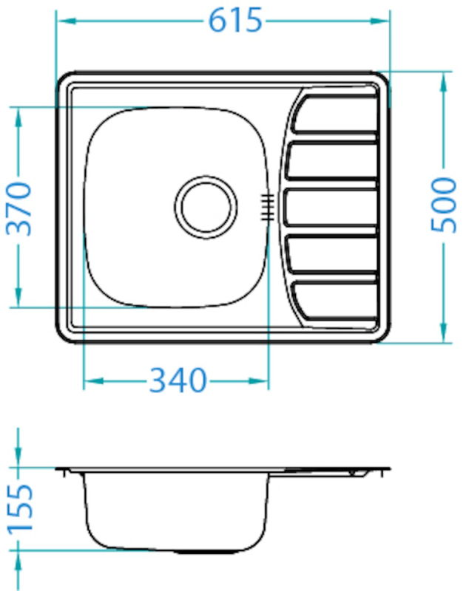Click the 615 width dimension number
point(235,21)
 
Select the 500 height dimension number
point(444,205)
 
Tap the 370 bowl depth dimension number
point(19,209)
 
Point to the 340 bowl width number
point(178,380)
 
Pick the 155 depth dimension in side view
point(21,508)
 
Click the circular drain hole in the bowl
point(206,207)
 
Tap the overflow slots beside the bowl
point(267,207)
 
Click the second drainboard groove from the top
point(331,160)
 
